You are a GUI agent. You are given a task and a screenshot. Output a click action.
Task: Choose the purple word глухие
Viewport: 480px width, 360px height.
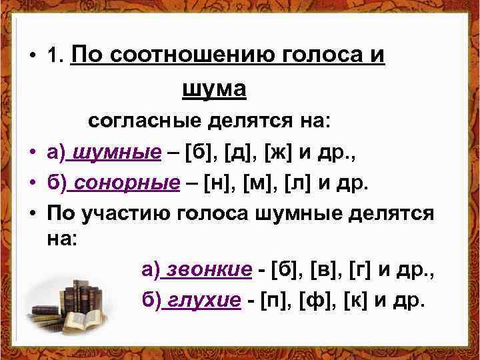203,300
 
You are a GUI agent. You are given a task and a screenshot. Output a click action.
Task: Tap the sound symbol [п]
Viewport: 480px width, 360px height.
277,300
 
